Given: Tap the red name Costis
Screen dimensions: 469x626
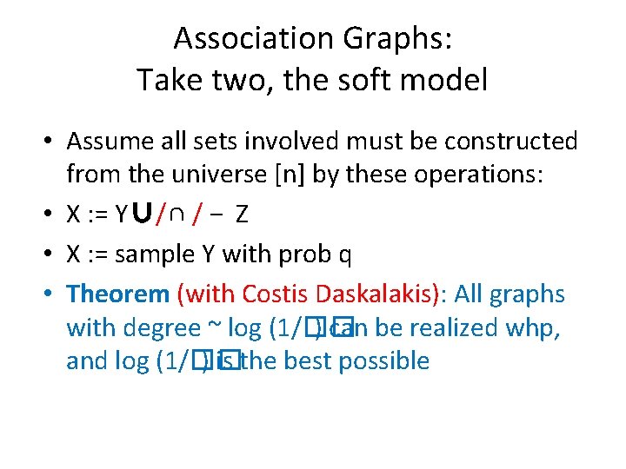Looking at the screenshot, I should (278, 294).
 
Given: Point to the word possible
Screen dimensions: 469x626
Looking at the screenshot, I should (384, 361).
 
